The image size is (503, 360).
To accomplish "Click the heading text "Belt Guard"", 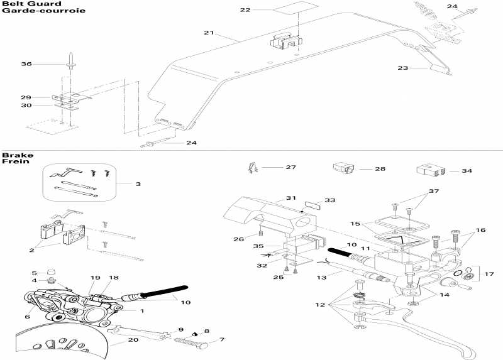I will [x=21, y=4].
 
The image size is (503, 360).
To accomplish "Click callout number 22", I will [x=245, y=10].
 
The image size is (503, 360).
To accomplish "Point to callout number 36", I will [x=26, y=64].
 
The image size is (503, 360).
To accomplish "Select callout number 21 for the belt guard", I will [x=209, y=33].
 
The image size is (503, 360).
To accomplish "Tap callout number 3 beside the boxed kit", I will [x=138, y=183].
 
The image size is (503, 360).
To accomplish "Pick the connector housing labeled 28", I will [x=343, y=168].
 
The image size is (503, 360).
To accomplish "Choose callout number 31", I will [x=290, y=198].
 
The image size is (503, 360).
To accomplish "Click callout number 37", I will [x=434, y=191].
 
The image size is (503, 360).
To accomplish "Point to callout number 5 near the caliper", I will [x=35, y=273].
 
